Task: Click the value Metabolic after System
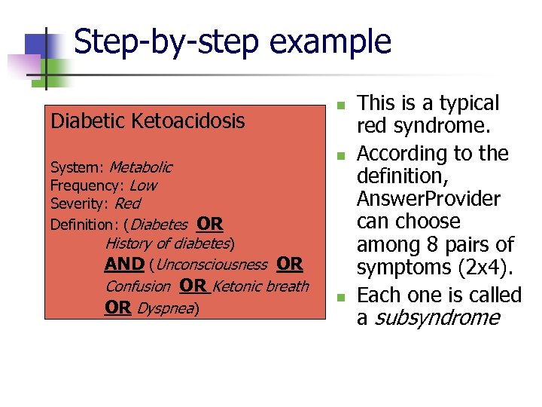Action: coord(140,167)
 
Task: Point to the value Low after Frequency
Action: coord(143,185)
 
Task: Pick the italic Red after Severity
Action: coord(126,203)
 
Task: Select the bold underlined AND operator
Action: coord(124,265)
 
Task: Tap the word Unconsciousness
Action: coord(212,265)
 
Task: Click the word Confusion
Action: coord(138,286)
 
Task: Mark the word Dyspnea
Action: coord(166,308)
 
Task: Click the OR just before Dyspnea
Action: coord(117,308)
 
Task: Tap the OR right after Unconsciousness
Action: coord(290,265)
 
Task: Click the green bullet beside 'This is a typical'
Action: coord(340,105)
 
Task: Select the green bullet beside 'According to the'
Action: coord(340,156)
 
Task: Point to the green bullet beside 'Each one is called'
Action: coord(340,297)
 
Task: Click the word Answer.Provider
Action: coord(428,198)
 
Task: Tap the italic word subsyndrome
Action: coord(437,317)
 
